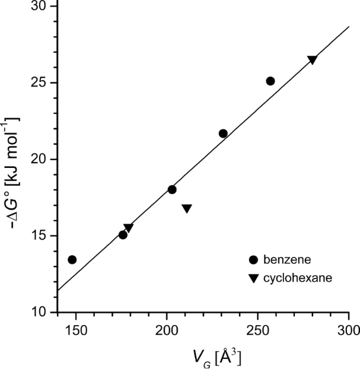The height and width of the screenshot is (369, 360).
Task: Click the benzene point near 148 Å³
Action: pyautogui.click(x=72, y=260)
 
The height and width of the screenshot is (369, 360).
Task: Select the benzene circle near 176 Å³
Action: pyautogui.click(x=123, y=235)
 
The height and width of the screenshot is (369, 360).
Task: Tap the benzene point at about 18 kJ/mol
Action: pyautogui.click(x=172, y=190)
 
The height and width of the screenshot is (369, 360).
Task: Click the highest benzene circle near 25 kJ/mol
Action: pyautogui.click(x=270, y=81)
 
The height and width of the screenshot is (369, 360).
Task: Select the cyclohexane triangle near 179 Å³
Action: pyautogui.click(x=129, y=228)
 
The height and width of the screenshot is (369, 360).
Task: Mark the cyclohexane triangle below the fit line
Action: pyautogui.click(x=187, y=208)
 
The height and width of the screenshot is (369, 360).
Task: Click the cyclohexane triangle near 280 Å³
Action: pyautogui.click(x=312, y=60)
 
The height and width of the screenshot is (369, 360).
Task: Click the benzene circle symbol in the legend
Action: pyautogui.click(x=254, y=260)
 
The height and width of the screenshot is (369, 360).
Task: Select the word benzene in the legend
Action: pyautogui.click(x=286, y=260)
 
